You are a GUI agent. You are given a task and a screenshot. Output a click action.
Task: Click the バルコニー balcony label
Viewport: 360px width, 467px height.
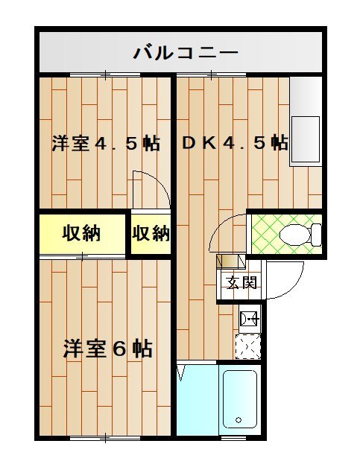186,53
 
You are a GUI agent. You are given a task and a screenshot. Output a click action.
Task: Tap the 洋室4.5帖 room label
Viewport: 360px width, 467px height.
106,143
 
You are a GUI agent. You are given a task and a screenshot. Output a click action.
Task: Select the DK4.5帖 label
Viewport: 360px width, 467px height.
235,143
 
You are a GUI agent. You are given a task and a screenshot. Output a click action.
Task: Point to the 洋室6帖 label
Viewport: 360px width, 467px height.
108,348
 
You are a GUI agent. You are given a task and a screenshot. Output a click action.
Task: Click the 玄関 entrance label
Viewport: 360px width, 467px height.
241,282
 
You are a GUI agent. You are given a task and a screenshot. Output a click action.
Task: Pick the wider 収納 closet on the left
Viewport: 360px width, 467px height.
82,234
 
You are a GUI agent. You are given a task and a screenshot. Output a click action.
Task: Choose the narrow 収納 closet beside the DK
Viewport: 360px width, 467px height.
151,234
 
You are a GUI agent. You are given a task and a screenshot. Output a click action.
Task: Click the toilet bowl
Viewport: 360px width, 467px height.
300,235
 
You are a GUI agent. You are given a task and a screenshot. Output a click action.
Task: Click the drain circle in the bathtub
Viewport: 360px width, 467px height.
239,420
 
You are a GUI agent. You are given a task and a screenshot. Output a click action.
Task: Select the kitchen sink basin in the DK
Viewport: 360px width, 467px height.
306,139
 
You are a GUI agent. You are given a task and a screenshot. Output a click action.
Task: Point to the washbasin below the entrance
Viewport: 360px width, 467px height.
250,320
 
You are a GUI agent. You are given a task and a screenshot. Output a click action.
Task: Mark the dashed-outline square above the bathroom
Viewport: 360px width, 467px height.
248,346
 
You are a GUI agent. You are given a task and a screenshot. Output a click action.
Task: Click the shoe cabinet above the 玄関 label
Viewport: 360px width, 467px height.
231,261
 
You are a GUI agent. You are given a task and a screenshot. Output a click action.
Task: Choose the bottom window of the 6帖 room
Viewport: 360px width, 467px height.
106,438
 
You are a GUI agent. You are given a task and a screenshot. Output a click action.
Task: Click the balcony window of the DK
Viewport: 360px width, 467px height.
211,74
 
